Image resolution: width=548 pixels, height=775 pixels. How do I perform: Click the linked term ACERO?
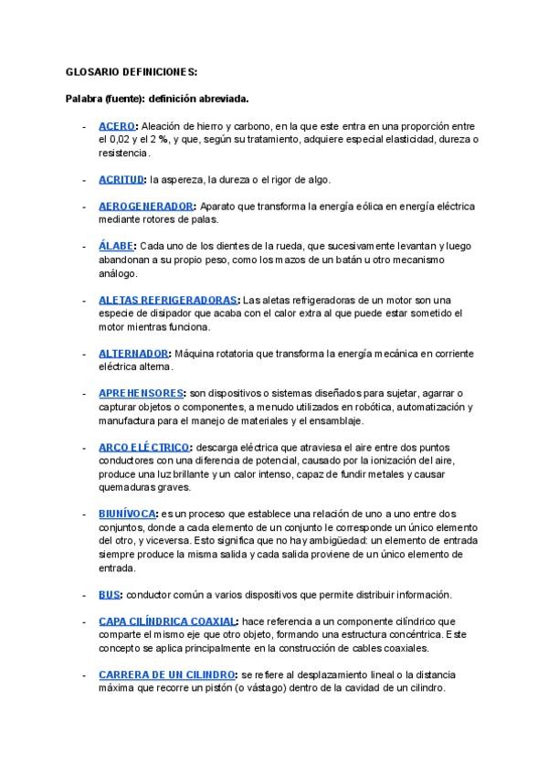(x=117, y=126)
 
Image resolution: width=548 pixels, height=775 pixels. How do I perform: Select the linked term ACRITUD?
(x=121, y=179)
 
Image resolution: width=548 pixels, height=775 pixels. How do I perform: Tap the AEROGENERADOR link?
(x=145, y=207)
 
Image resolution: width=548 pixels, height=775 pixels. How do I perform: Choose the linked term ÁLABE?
(x=116, y=246)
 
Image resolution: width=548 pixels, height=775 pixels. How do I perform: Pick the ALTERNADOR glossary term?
(x=133, y=353)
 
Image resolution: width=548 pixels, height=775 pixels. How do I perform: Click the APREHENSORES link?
(x=142, y=393)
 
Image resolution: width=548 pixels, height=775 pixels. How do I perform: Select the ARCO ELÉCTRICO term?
(x=143, y=447)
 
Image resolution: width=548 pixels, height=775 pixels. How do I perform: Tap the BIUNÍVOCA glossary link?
(x=127, y=514)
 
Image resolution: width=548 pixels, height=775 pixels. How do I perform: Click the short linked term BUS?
(x=109, y=594)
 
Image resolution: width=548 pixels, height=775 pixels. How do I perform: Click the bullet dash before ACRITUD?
(x=85, y=179)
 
